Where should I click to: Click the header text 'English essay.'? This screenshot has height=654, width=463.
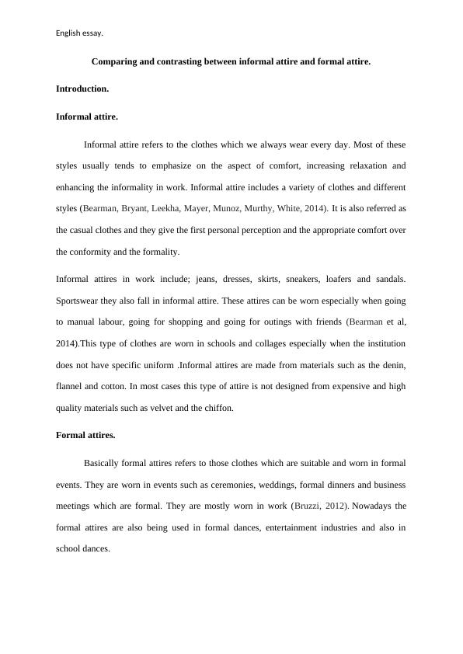click(79, 33)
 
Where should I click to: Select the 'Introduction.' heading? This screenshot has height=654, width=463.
click(82, 89)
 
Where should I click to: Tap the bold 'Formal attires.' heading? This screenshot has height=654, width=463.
click(85, 435)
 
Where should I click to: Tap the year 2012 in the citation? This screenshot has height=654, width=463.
click(336, 506)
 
